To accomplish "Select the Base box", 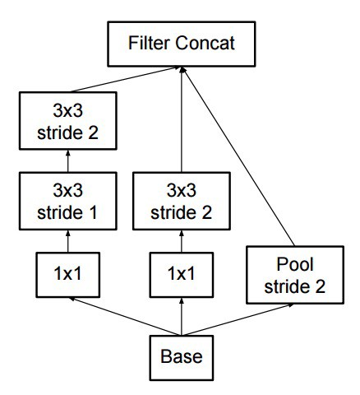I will (181, 358).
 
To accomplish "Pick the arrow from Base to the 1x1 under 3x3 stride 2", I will (181, 318).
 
